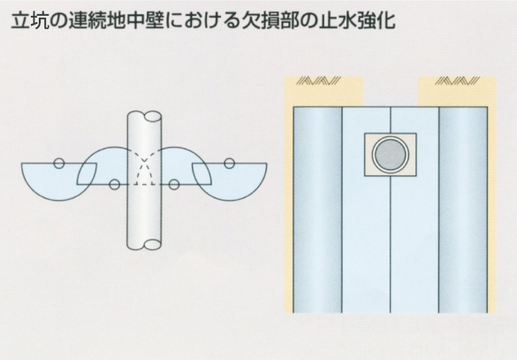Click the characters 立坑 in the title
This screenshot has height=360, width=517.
[30, 20]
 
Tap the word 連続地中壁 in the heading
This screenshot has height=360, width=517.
[117, 20]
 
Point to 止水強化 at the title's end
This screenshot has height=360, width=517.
[357, 20]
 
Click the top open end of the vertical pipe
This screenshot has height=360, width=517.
[153, 118]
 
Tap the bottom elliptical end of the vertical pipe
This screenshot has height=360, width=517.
[153, 244]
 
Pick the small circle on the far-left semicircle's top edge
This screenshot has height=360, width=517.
[59, 163]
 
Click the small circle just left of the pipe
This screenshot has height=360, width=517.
[114, 185]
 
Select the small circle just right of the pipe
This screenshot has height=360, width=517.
[174, 185]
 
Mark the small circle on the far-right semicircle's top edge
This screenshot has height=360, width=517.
[229, 163]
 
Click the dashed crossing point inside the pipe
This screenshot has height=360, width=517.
[144, 161]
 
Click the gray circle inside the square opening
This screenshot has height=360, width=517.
[391, 155]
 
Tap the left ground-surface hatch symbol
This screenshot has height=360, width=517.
[318, 80]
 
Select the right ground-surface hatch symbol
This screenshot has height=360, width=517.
[457, 80]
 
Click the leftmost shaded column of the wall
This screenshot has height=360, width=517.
[317, 210]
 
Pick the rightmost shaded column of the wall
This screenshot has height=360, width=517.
[463, 210]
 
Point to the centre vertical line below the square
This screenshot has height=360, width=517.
[391, 244]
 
